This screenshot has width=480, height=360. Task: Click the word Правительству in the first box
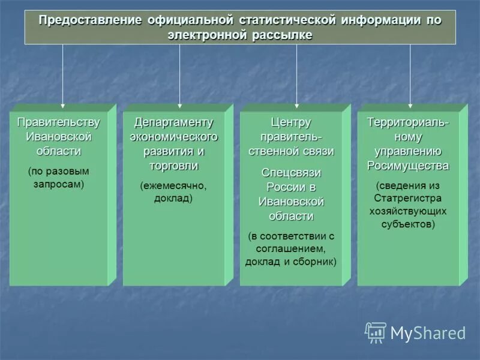tap(58, 122)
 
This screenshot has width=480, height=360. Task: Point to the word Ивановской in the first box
tap(58, 137)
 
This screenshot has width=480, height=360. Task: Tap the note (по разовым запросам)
tap(58, 178)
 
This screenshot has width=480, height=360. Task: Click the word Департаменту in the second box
tap(174, 122)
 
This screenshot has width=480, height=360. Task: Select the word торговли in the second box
tap(174, 166)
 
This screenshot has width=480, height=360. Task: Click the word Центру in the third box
tap(291, 122)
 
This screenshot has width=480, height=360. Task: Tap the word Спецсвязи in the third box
tap(291, 173)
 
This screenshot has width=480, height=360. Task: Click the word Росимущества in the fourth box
tap(408, 166)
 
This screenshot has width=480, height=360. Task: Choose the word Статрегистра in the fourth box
tap(408, 198)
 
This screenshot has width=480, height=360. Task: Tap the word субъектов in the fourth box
tap(408, 224)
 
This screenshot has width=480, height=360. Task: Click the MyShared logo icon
tap(376, 332)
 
